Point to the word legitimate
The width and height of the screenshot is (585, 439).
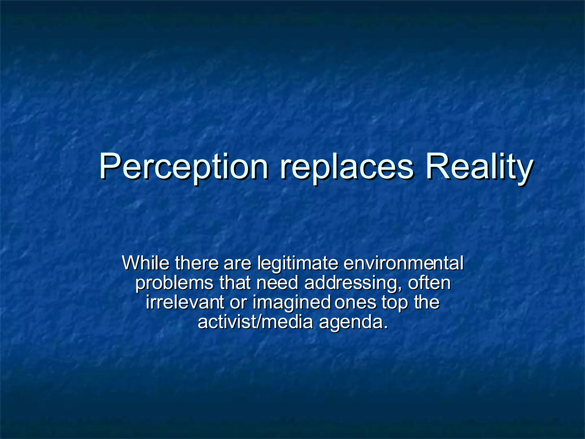[x=297, y=264]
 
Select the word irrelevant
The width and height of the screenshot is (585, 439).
[x=185, y=302]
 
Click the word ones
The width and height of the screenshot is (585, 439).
[x=355, y=303]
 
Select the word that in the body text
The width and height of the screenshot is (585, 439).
[x=235, y=283]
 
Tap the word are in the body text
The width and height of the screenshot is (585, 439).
[x=237, y=263]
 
